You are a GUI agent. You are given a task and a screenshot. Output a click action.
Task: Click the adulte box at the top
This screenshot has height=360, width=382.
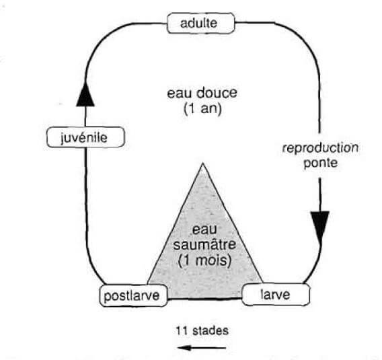click(200, 24)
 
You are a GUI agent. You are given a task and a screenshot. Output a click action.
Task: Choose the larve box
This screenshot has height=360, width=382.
click(275, 294)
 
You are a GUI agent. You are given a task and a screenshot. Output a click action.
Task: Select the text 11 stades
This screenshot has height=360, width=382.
click(204, 330)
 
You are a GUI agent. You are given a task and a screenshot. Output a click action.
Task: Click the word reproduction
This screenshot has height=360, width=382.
click(319, 147)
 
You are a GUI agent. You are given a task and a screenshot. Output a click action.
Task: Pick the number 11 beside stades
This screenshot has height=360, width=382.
click(184, 330)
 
